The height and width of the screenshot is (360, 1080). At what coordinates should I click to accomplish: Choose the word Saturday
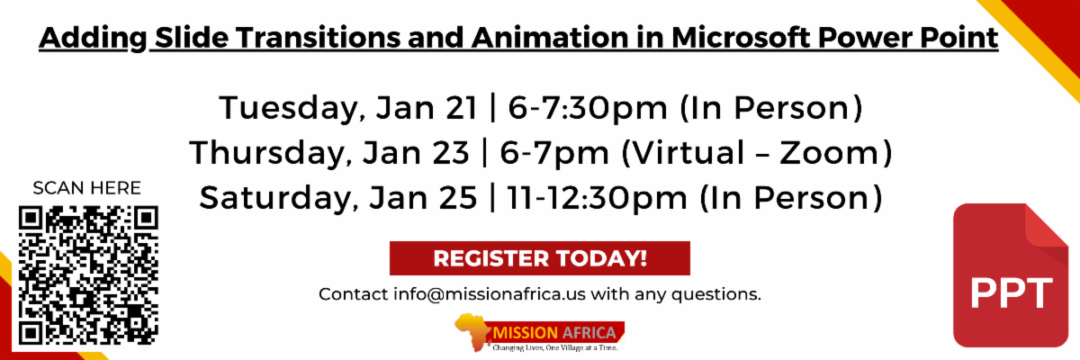(279, 198)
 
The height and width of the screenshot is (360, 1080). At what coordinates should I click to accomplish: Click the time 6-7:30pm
(588, 108)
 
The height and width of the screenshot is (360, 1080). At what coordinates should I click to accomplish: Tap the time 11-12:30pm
(598, 198)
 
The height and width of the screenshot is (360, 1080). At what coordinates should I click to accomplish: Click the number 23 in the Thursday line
(451, 153)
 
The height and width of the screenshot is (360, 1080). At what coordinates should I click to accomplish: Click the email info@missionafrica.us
(490, 294)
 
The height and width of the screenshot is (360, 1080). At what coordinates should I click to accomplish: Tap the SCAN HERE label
(86, 188)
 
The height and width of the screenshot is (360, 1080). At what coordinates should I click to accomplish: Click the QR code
(88, 275)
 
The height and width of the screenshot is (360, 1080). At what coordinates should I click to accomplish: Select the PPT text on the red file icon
(1011, 292)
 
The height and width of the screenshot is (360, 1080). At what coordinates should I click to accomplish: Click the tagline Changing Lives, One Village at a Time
(554, 347)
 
